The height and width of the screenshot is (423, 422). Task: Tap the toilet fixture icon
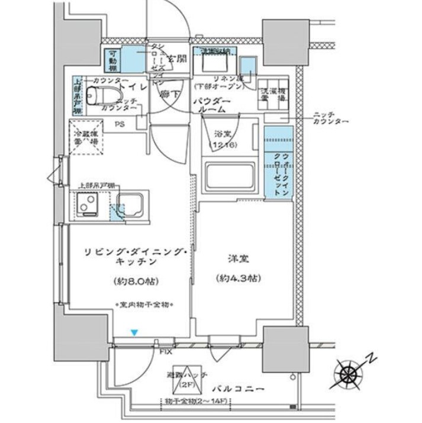[95, 96]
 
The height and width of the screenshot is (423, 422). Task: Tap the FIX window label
[166, 351]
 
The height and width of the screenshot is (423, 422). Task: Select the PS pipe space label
[120, 124]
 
